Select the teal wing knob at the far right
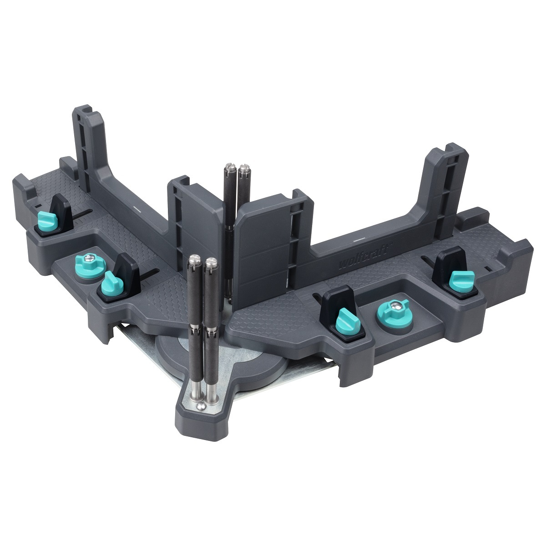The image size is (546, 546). [x=462, y=281]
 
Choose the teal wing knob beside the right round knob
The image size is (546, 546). [x=348, y=321]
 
